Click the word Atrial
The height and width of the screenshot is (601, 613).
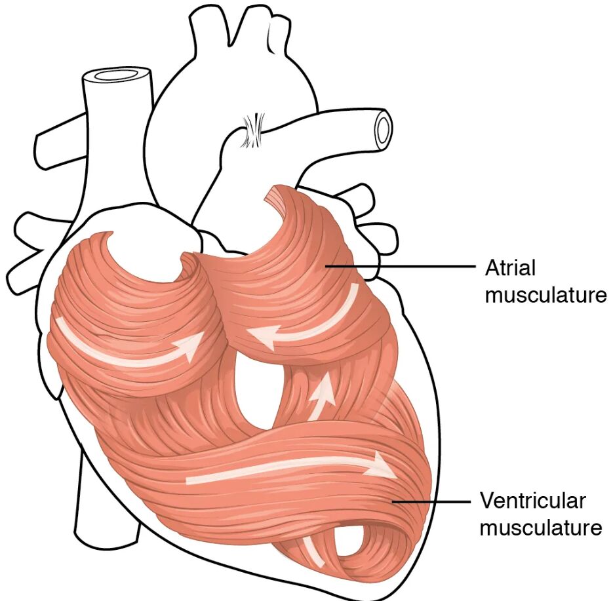click(510, 268)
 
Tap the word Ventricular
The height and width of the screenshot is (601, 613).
click(533, 501)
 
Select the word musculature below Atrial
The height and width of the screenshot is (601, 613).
click(545, 295)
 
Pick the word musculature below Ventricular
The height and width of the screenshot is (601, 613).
click(541, 528)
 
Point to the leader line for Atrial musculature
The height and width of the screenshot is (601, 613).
click(400, 267)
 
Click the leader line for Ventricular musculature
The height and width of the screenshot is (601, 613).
click(431, 501)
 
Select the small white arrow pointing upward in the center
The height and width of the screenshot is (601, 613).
click(321, 397)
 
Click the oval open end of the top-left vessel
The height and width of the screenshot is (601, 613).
click(117, 74)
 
